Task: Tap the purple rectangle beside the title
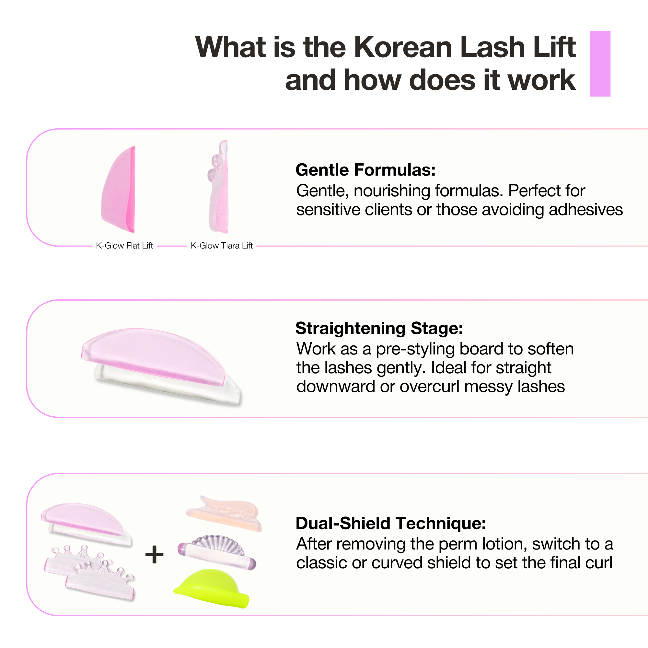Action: point(600,64)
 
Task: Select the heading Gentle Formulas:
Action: point(365,170)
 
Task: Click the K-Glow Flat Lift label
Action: point(124,246)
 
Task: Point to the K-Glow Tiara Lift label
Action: point(222,246)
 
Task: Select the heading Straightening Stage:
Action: point(379,328)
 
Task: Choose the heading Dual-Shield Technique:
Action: point(391,523)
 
